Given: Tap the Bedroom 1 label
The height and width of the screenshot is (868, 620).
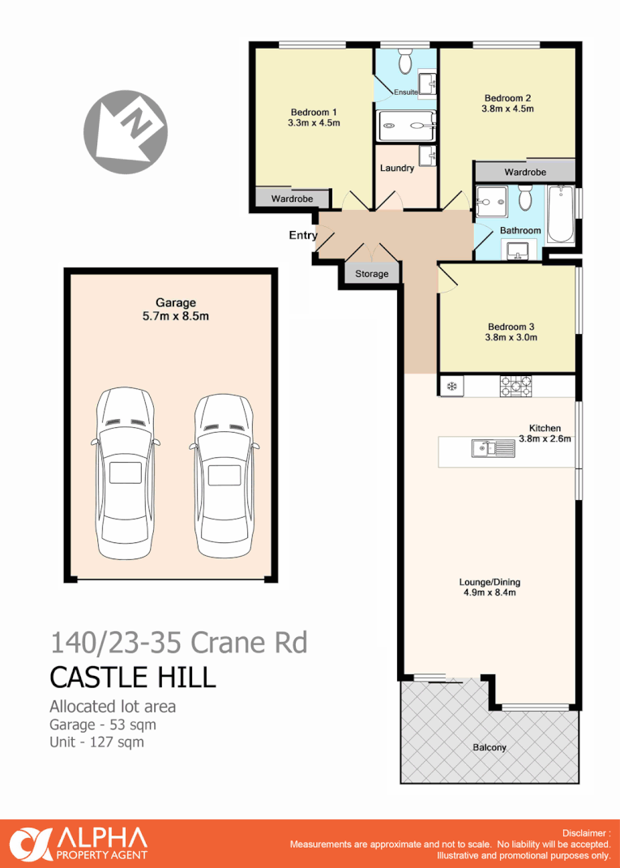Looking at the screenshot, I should pos(313,112).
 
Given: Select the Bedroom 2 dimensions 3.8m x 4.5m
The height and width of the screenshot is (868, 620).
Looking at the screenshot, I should pos(507,109).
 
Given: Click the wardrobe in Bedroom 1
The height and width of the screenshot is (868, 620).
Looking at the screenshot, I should pos(292,199).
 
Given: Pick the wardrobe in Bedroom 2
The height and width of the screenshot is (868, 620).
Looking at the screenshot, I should pos(524,172).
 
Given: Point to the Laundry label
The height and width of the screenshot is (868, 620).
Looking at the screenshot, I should pos(396,168).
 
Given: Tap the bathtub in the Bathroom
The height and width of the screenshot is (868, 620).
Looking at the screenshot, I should pos(560,215).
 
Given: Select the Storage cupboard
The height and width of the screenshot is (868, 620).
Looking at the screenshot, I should pos(372,274).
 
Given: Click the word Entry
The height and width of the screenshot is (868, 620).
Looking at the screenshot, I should pos(301,235).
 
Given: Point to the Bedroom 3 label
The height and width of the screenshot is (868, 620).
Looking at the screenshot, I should pos(511,327).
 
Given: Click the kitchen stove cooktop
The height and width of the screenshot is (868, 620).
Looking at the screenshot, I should pos(515,386).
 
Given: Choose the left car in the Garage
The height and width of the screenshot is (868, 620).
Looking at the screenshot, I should pos(124,474).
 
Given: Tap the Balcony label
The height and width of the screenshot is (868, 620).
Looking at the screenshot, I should pos(490,747).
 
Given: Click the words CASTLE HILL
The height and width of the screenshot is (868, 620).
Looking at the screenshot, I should pos(133,676).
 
